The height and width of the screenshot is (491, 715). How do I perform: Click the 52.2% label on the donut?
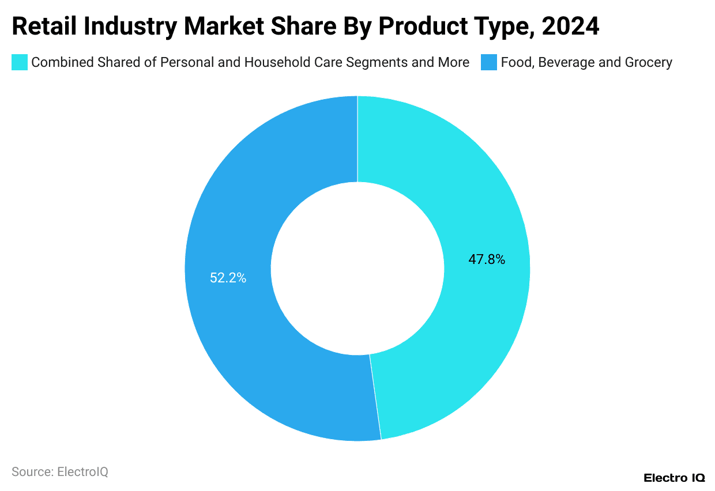tap(228, 278)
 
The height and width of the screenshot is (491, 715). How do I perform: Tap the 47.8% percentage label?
tap(487, 259)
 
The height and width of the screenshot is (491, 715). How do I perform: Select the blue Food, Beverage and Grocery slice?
tap(231, 346)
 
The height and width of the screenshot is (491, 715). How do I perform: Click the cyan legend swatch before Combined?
tap(20, 62)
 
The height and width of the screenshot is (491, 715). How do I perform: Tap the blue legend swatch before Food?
tap(488, 62)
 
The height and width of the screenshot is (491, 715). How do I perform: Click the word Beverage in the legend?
tap(566, 62)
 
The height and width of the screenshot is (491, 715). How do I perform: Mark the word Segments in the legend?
tap(378, 62)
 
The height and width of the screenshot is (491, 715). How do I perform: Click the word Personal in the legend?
tap(188, 62)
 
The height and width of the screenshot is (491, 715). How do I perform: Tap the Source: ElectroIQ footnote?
tap(60, 472)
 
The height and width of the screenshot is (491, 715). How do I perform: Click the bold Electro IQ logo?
tap(674, 478)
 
